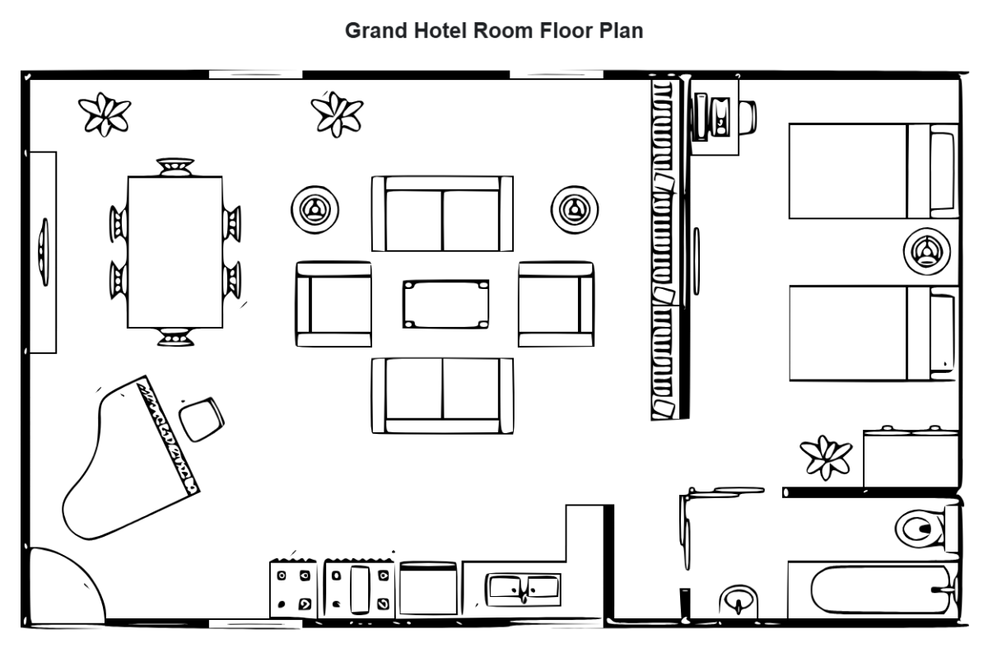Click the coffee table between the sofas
click(445, 304)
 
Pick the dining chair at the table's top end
click(175, 168)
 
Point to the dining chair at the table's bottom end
click(175, 336)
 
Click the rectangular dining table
click(175, 252)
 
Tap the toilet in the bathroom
click(922, 527)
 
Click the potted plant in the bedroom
click(825, 457)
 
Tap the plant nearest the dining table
click(104, 114)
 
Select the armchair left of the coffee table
click(333, 304)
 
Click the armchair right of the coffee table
click(556, 304)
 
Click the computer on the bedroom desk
click(713, 114)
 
